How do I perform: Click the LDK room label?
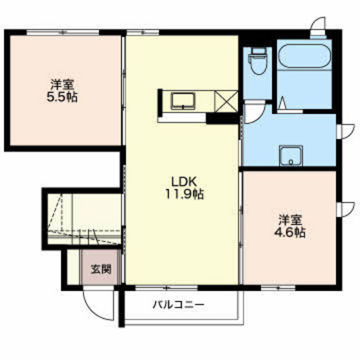(x=184, y=182)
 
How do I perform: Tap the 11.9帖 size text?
(x=184, y=194)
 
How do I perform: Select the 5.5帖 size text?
(x=62, y=97)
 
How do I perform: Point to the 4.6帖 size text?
(x=290, y=233)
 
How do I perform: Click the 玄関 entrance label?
(x=102, y=269)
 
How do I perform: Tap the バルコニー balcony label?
(x=179, y=305)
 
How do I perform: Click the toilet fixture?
(x=258, y=61)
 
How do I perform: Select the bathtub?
(x=305, y=56)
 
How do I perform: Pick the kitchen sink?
(x=183, y=101)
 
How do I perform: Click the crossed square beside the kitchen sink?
(x=226, y=102)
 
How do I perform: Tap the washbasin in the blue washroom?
(x=291, y=156)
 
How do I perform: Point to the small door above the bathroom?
(x=318, y=26)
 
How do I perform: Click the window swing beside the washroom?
(x=346, y=131)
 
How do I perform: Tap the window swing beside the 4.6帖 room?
(x=346, y=209)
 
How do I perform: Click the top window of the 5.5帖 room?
(x=63, y=32)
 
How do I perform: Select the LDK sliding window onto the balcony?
(x=166, y=288)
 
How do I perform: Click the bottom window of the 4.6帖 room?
(x=278, y=288)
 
